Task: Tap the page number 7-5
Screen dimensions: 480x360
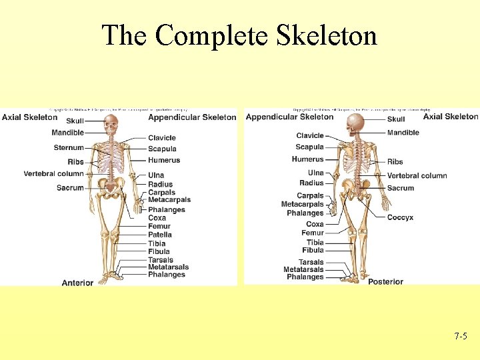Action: click(x=461, y=337)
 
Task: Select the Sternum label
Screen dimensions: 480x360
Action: click(x=69, y=148)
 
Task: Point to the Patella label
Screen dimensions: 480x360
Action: click(x=160, y=235)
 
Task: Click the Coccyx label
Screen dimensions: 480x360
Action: click(x=400, y=217)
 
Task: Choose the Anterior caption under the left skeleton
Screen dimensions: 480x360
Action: click(x=77, y=283)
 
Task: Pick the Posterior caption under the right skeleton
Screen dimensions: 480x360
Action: click(x=385, y=281)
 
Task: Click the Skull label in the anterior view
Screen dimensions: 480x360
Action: click(x=75, y=121)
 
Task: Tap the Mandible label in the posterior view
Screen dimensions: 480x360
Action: click(x=403, y=133)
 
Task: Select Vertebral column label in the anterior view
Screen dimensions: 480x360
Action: click(x=53, y=174)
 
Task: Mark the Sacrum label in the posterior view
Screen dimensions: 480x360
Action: click(x=401, y=188)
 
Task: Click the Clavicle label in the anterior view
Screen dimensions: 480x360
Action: click(x=162, y=138)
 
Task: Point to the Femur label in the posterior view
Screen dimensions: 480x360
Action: click(x=313, y=233)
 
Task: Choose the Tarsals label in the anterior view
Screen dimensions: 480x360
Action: click(x=161, y=260)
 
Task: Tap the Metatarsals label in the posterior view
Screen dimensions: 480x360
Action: click(x=303, y=269)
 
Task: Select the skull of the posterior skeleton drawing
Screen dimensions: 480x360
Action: click(x=357, y=123)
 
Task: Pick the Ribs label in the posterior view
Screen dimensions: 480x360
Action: click(x=395, y=161)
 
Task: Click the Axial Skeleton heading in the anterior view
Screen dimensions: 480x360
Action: click(x=29, y=117)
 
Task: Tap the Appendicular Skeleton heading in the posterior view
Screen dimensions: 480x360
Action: click(x=289, y=117)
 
